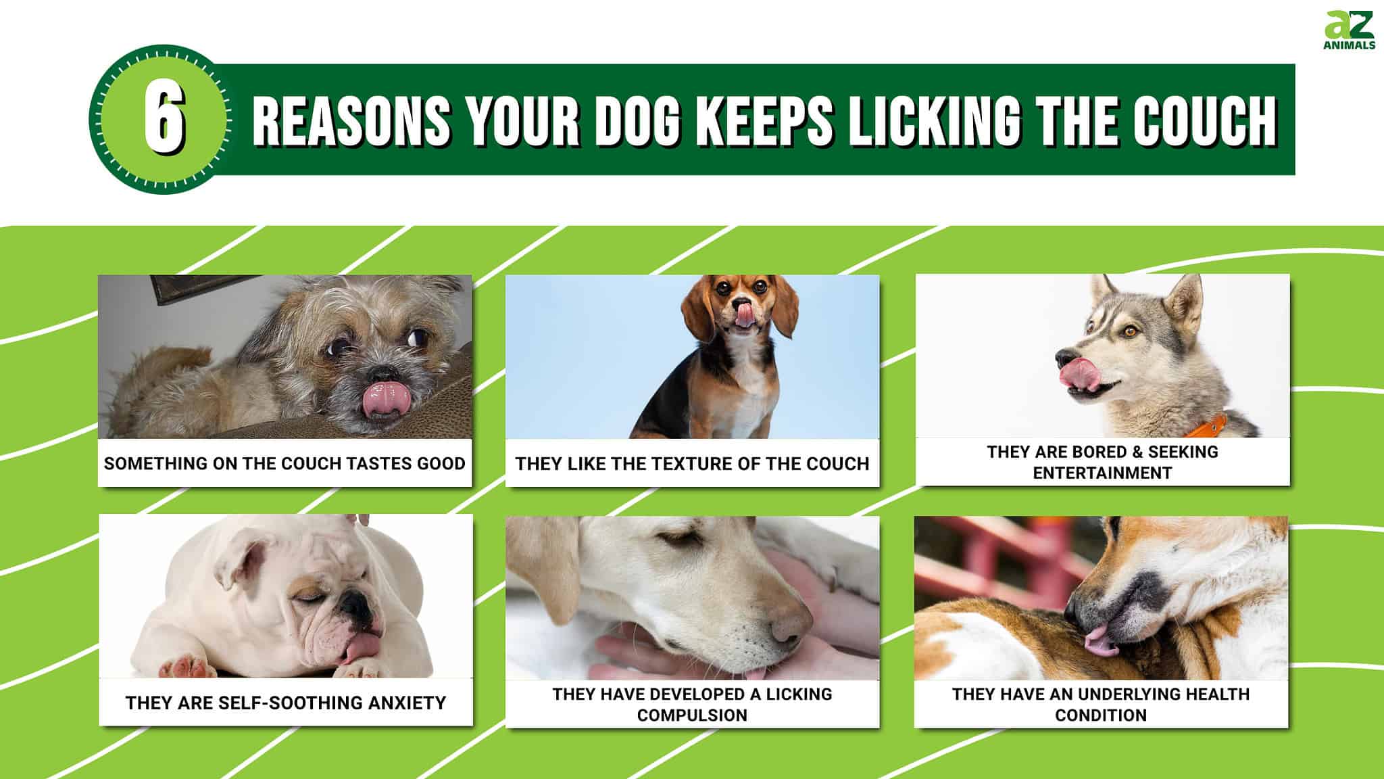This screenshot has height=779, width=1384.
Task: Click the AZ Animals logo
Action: tap(1349, 30)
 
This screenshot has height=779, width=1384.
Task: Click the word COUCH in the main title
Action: tap(1204, 121)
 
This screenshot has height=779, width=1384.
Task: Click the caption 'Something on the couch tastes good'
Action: tap(285, 463)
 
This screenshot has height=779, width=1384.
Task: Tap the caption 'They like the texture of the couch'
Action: tap(692, 463)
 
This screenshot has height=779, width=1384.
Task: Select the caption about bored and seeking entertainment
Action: tap(1102, 462)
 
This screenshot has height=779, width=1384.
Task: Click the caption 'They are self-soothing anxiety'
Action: tap(285, 703)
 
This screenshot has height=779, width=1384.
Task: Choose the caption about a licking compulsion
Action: tap(692, 704)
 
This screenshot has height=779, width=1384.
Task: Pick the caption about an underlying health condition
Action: tap(1101, 704)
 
